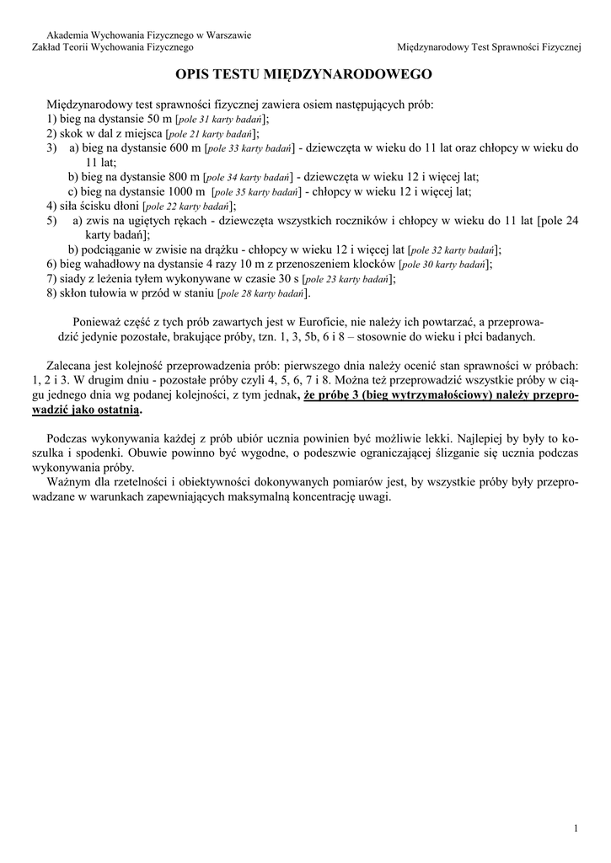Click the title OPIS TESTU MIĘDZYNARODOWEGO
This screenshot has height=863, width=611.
(305, 75)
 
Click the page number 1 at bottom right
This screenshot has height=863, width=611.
(576, 829)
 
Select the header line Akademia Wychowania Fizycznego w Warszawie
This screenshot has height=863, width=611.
(148, 35)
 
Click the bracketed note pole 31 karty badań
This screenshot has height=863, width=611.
(217, 121)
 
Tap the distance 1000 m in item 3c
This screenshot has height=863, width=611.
(188, 191)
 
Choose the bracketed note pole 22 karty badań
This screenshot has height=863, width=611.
(189, 206)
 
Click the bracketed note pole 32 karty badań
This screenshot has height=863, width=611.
(453, 250)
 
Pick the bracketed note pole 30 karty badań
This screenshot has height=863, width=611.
(446, 265)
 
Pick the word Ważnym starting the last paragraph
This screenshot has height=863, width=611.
(71, 482)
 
